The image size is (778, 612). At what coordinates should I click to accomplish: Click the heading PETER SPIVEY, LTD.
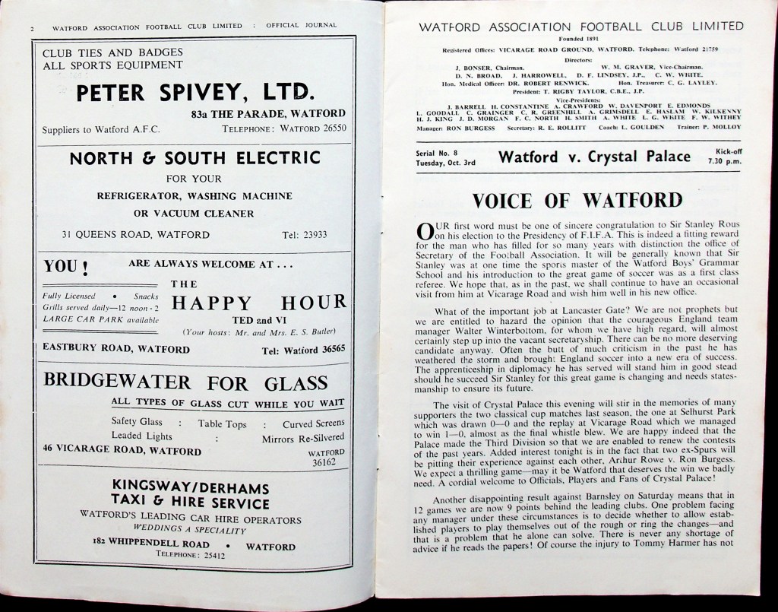pyautogui.click(x=195, y=94)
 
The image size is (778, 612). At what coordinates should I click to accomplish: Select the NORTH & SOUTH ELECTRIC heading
pyautogui.click(x=195, y=159)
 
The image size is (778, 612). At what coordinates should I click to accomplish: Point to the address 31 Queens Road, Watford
pyautogui.click(x=137, y=235)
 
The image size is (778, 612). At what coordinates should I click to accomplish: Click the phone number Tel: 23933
pyautogui.click(x=305, y=235)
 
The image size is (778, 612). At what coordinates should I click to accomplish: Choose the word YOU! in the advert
pyautogui.click(x=66, y=268)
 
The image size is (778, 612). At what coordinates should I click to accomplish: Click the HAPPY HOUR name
pyautogui.click(x=259, y=303)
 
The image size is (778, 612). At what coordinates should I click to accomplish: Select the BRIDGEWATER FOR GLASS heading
pyautogui.click(x=186, y=382)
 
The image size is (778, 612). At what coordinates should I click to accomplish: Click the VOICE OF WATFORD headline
pyautogui.click(x=577, y=201)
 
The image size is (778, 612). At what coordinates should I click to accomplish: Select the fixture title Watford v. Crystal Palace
pyautogui.click(x=595, y=157)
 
